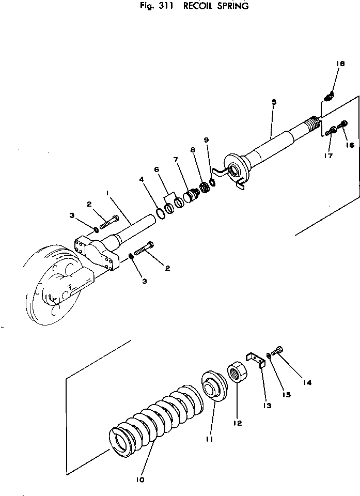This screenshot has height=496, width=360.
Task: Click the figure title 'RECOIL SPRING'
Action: pyautogui.click(x=216, y=6)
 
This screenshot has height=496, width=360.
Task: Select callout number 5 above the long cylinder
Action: pyautogui.click(x=274, y=102)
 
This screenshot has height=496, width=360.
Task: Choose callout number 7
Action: pyautogui.click(x=176, y=159)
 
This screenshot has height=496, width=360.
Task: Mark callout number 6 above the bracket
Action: pyautogui.click(x=157, y=170)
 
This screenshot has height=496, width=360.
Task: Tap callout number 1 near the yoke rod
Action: pyautogui.click(x=107, y=192)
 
